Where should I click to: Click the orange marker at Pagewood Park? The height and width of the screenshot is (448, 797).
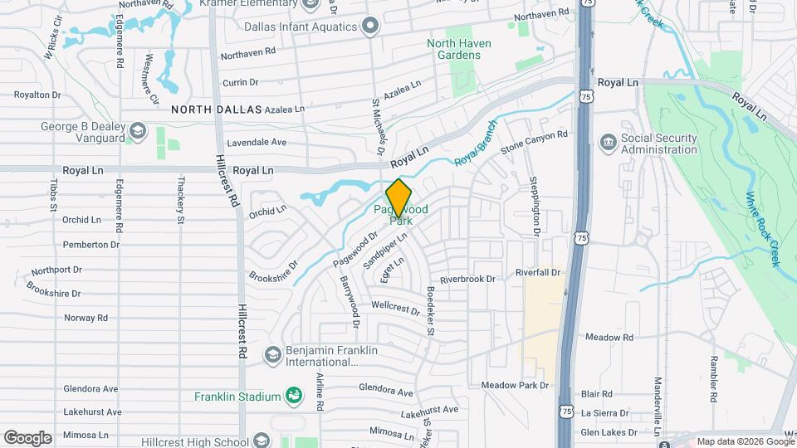point(399,197)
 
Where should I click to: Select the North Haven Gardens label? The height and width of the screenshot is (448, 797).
point(459,49)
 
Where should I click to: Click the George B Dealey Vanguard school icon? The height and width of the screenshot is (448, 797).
point(137,133)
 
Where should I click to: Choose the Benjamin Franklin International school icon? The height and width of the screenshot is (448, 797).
point(271,356)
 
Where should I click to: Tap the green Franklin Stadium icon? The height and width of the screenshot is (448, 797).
point(293,396)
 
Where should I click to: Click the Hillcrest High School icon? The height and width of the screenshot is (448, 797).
point(262,440)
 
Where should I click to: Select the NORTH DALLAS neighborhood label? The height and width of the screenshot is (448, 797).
point(216,110)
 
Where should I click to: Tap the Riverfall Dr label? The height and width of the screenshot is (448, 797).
point(540,272)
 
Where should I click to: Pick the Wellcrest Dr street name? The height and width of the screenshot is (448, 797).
point(396,307)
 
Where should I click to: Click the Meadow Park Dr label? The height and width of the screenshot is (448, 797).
point(516,386)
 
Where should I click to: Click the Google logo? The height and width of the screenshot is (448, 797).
point(27,437)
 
